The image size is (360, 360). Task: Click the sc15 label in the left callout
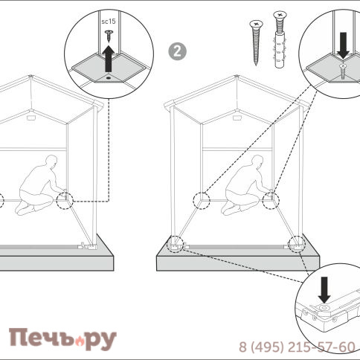pyautogui.click(x=109, y=22)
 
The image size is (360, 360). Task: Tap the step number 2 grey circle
pyautogui.click(x=178, y=51)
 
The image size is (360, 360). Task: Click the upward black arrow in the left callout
pyautogui.click(x=109, y=59)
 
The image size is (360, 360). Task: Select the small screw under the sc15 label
pyautogui.click(x=109, y=36)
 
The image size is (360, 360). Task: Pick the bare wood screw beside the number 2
pyautogui.click(x=256, y=42)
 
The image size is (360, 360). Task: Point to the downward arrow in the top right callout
pyautogui.click(x=344, y=45)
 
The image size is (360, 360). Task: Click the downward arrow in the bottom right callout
pyautogui.click(x=324, y=290)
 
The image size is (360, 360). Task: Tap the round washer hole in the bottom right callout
pyautogui.click(x=324, y=308)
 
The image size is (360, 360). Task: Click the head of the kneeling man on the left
pyautogui.click(x=51, y=161)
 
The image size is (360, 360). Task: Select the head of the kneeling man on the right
pyautogui.click(x=257, y=161)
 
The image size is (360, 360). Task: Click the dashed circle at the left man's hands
pyautogui.click(x=65, y=200)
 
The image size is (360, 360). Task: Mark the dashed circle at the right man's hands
pyautogui.click(x=271, y=200)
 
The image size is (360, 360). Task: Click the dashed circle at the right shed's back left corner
pyautogui.click(x=202, y=200)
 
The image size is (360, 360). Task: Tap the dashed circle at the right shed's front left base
pyautogui.click(x=175, y=244)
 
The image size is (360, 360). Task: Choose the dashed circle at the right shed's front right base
pyautogui.click(x=297, y=244)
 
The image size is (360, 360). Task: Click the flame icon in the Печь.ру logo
pyautogui.click(x=80, y=341)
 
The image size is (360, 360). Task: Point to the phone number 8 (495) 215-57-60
pyautogui.click(x=297, y=347)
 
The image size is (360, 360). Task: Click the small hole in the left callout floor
pyautogui.click(x=109, y=78)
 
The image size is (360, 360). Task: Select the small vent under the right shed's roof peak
pyautogui.click(x=237, y=118)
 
